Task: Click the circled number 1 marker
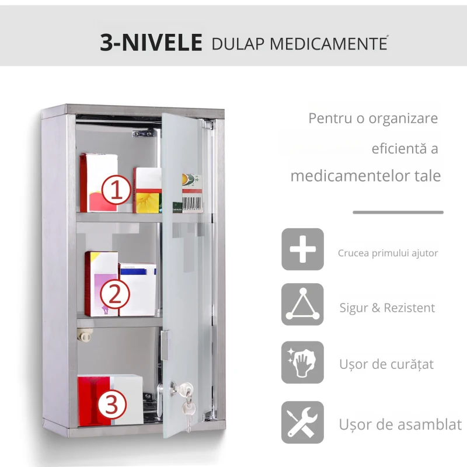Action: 116,190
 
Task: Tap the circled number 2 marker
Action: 115,295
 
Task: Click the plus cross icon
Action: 302,249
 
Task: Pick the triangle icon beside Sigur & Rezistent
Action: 302,304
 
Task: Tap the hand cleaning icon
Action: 302,363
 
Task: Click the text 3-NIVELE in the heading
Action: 151,43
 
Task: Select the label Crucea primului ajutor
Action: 388,253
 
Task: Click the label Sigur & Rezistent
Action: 387,308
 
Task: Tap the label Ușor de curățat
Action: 386,364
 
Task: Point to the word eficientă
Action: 398,149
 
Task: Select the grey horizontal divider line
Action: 398,212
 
